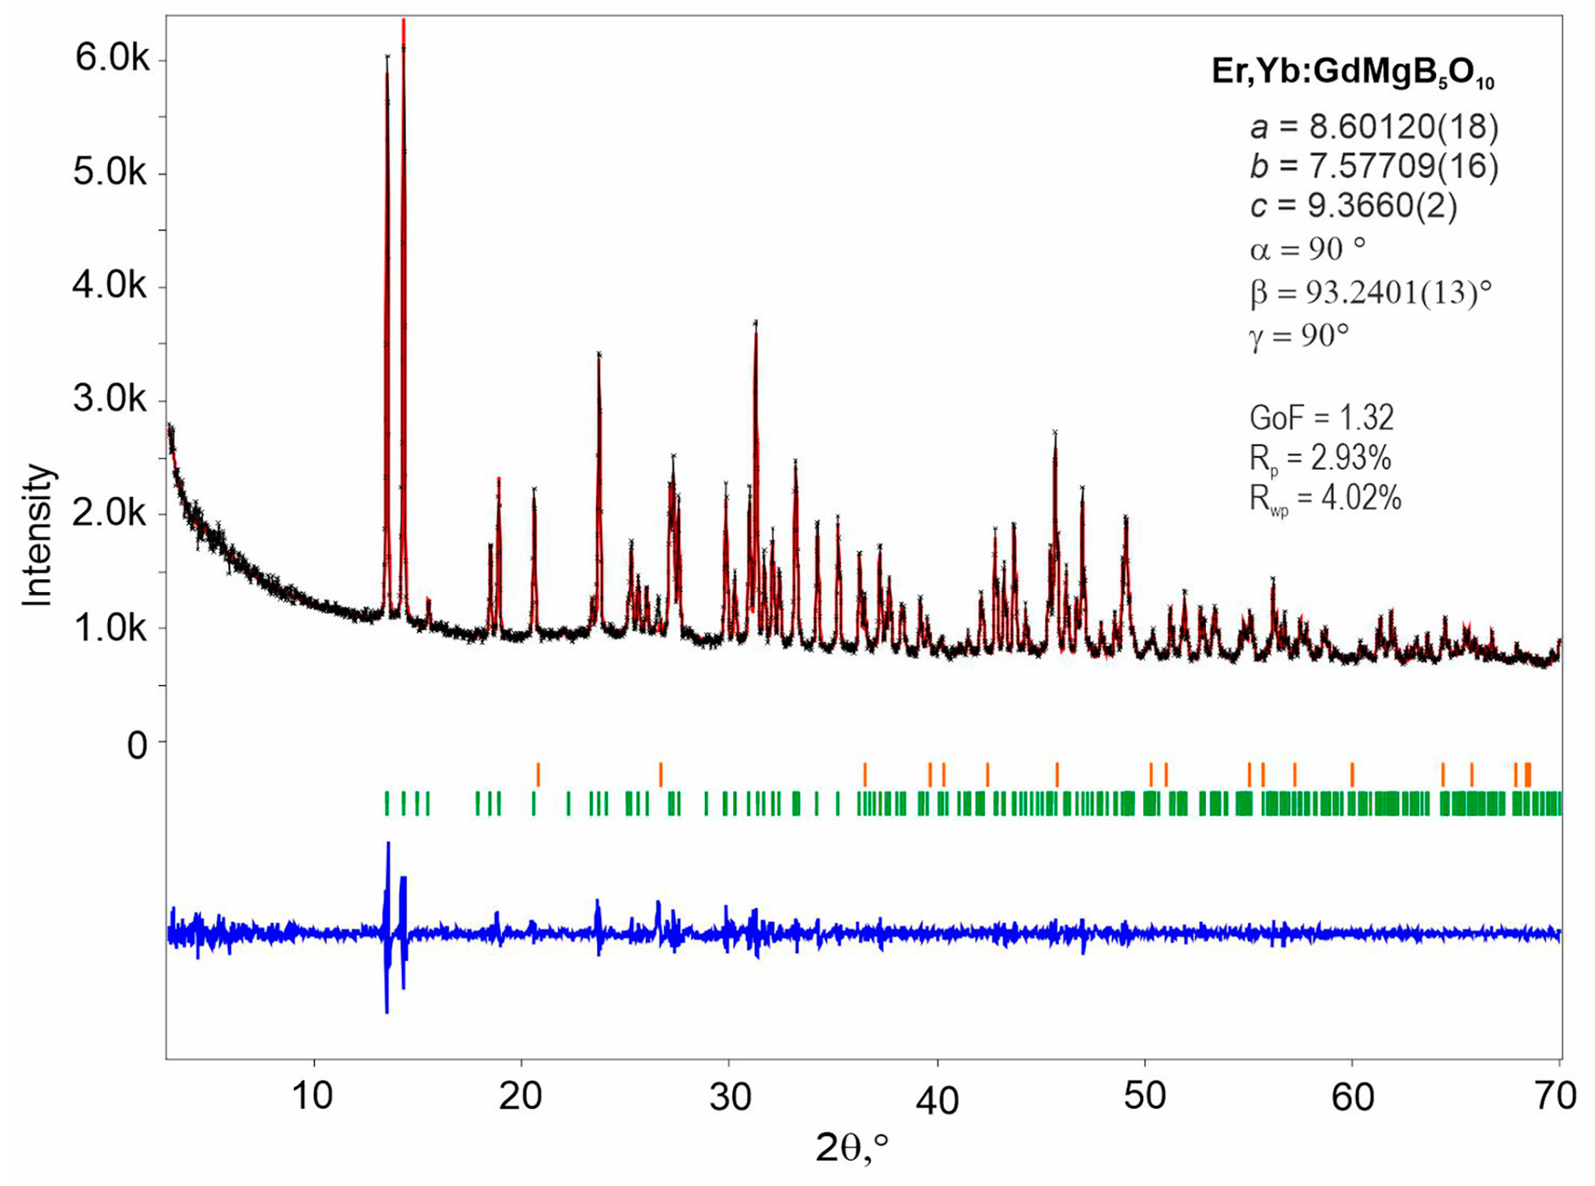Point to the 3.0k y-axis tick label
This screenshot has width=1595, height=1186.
point(110,399)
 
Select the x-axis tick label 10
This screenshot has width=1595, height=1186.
point(313,1095)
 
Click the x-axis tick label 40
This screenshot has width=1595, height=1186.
point(936,1099)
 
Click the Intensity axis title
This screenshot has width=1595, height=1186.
point(37,535)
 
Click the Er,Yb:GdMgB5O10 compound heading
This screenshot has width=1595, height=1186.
point(1353,73)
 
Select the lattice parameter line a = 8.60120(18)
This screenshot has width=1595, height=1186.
point(1374,128)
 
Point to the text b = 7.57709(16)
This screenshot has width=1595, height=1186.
point(1374,167)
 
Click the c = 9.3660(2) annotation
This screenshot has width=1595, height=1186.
point(1353,206)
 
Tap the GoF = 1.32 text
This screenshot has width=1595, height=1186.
point(1321,417)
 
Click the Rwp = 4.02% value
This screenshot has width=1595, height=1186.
point(1325,498)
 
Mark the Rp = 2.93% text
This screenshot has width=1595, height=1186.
point(1320,459)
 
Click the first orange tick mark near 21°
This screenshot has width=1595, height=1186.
point(538,775)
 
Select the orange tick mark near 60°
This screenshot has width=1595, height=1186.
point(1353,775)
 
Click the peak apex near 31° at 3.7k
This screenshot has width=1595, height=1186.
point(755,324)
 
